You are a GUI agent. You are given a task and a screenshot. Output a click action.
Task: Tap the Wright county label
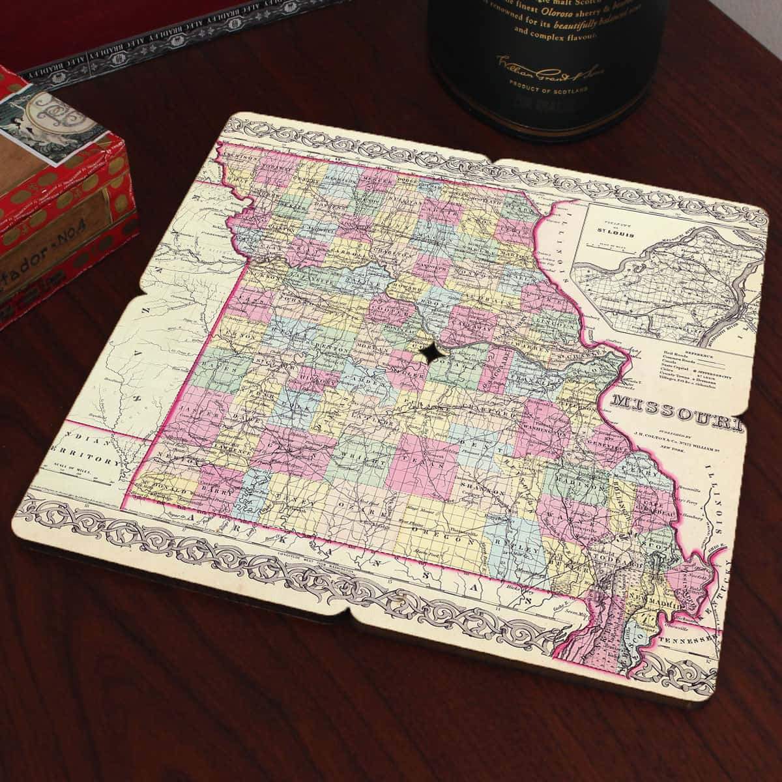(x=355, y=459)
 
